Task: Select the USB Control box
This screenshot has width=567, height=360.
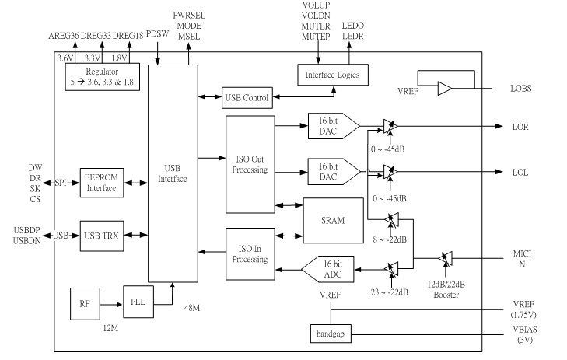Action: (x=246, y=97)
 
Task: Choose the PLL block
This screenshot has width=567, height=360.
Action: (x=137, y=299)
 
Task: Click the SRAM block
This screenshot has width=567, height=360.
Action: (x=333, y=221)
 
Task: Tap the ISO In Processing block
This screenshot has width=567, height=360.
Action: (x=250, y=253)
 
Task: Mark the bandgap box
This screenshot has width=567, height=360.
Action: (x=329, y=334)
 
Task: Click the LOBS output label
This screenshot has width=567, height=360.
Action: (x=521, y=89)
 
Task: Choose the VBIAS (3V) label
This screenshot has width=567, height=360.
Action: (x=522, y=339)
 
